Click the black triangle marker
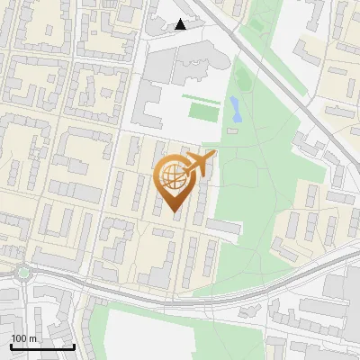(181, 23)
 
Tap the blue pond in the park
(235, 110)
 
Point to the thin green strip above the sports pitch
(200, 96)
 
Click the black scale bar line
(42, 346)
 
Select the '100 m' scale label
(24, 338)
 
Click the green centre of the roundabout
(22, 272)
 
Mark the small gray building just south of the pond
(233, 130)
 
